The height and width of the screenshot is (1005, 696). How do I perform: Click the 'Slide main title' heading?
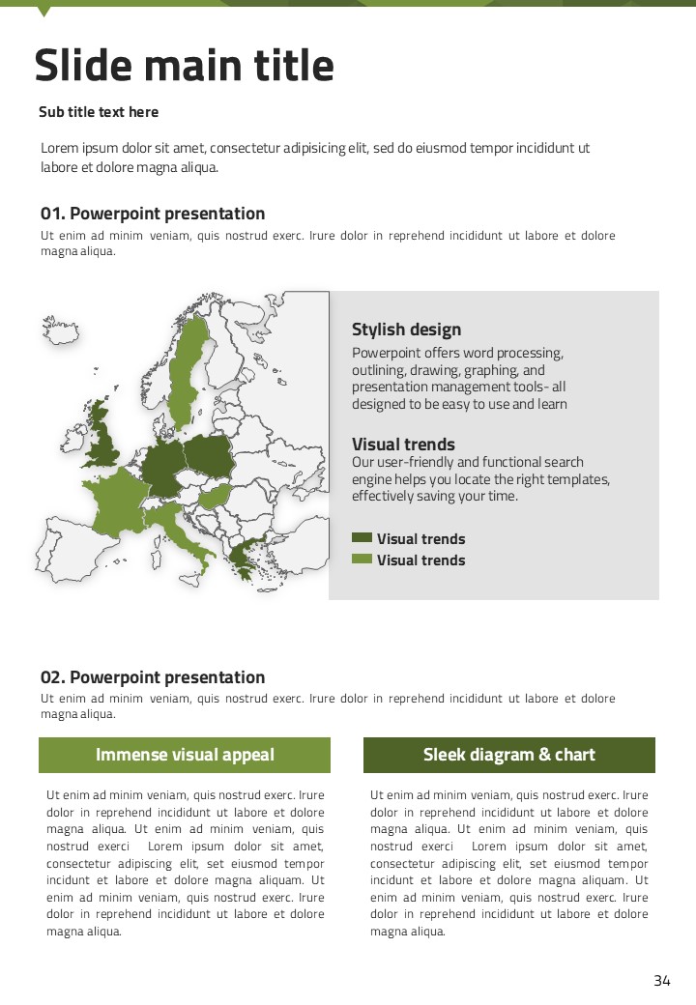(184, 66)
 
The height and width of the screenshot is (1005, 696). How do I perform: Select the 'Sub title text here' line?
(99, 112)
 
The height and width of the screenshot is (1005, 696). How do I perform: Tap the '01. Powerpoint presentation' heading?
(153, 214)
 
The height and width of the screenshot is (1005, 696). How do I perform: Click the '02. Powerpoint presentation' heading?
(153, 677)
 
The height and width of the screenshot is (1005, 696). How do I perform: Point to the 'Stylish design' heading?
(406, 330)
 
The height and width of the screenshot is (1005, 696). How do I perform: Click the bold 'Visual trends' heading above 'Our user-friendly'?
(403, 445)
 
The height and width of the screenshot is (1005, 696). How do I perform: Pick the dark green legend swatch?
(362, 538)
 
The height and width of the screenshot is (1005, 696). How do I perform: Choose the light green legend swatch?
(362, 560)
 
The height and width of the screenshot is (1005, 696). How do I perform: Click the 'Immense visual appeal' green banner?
(185, 755)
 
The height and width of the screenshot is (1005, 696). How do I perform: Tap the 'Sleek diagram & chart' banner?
(509, 755)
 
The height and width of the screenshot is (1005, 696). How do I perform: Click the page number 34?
(662, 981)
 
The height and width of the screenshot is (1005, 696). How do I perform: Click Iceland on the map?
(60, 330)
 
